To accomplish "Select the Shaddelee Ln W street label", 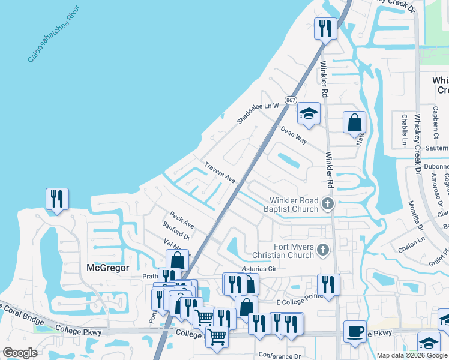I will point(258,112).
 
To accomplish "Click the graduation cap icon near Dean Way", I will point(309,114).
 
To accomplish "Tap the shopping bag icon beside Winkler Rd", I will point(355,122).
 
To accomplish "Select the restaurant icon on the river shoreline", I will point(57,199).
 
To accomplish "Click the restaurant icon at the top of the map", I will point(325,28).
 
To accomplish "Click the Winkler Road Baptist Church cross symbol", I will point(327,204).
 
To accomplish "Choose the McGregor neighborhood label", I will point(108,268).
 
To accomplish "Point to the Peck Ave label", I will point(182,220).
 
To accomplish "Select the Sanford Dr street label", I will point(176,231).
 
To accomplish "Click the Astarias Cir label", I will point(258,269).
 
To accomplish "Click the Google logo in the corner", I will point(20,353).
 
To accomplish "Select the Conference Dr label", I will point(279,355).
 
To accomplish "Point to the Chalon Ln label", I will point(411,239).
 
